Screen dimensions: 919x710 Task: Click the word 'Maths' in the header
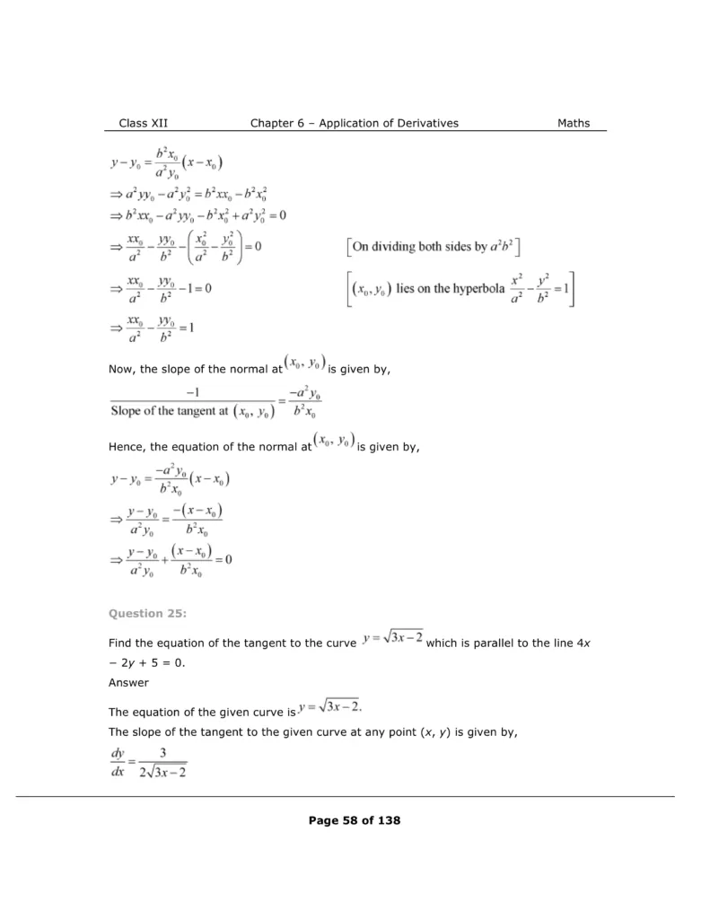tap(573, 123)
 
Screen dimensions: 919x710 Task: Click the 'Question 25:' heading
tap(143, 614)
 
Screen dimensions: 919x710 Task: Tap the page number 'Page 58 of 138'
tap(355, 820)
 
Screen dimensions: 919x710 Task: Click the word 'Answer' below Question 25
tap(128, 682)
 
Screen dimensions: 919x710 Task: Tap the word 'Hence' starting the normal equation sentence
tap(127, 446)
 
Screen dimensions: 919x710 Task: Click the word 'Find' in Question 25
tap(119, 643)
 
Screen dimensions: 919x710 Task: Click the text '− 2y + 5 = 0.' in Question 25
tap(149, 662)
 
